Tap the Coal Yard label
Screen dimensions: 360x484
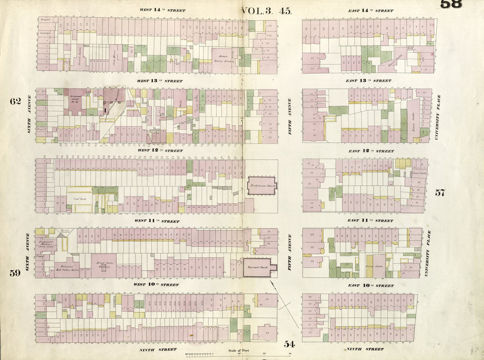click(78, 199)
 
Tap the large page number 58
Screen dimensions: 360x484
click(451, 4)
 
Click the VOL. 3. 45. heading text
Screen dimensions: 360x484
click(267, 10)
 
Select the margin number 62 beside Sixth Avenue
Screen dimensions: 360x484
click(15, 101)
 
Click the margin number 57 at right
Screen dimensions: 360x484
click(440, 193)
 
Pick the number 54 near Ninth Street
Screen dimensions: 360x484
click(289, 344)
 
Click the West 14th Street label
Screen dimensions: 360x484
click(162, 10)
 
